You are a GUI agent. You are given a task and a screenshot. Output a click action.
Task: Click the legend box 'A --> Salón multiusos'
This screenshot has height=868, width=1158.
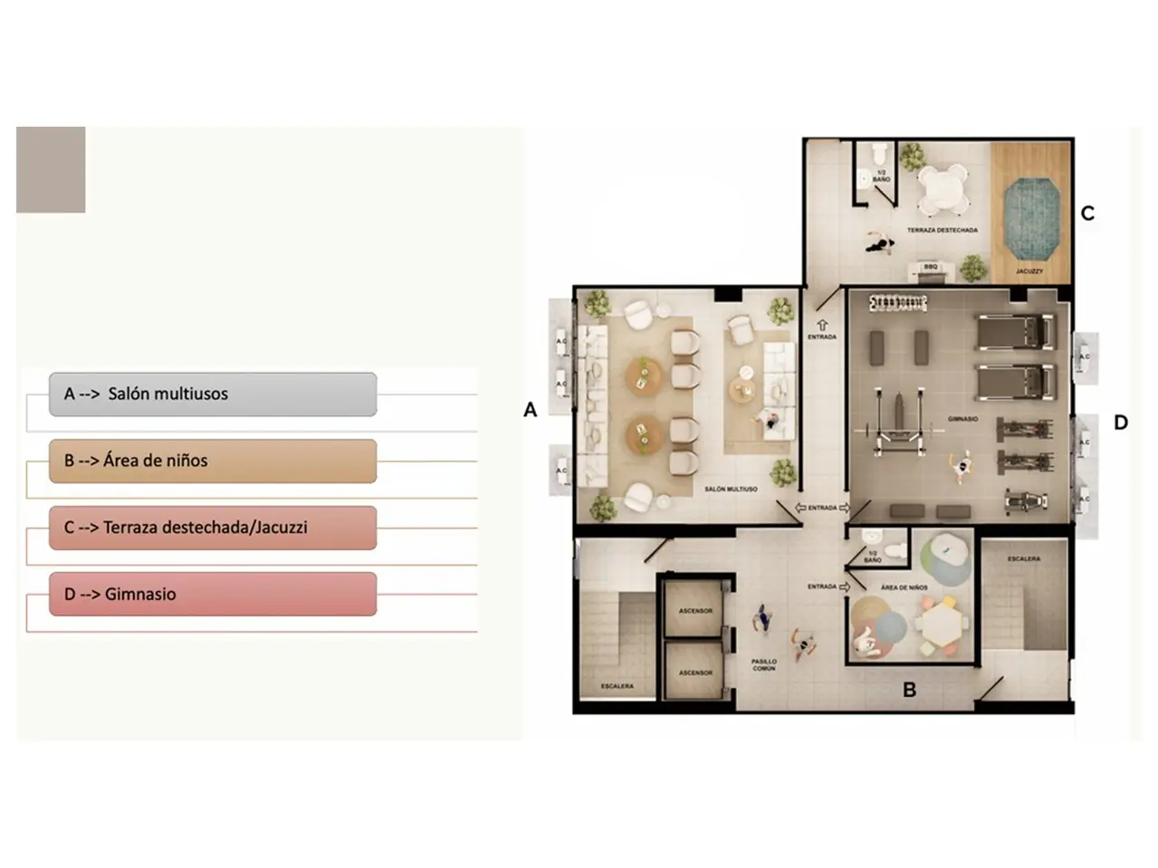(212, 395)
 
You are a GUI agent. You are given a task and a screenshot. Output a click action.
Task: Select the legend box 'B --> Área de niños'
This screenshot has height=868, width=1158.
(212, 461)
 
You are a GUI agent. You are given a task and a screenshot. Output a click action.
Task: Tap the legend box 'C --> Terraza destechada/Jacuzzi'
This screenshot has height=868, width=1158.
(212, 528)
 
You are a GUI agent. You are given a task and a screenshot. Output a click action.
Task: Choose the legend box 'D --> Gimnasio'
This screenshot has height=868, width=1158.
(212, 595)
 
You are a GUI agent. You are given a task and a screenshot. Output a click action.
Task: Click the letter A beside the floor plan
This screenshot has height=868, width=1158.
(531, 410)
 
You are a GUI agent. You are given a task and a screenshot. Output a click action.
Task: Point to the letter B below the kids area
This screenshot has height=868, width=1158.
(909, 690)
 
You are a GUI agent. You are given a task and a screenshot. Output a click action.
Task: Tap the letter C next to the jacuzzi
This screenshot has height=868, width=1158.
(1087, 214)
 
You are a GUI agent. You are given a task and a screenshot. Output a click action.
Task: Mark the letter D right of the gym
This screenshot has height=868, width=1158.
(1121, 423)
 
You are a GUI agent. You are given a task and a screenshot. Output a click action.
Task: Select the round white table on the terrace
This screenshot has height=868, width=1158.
(943, 188)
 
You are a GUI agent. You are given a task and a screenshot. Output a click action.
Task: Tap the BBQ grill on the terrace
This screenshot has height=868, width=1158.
(931, 270)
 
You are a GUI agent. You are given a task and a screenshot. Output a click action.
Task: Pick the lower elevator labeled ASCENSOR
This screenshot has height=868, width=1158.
(695, 671)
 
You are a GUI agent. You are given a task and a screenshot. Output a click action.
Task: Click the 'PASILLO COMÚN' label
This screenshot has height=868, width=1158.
(764, 665)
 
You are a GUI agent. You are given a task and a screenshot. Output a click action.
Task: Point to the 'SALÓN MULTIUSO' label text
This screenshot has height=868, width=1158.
(731, 490)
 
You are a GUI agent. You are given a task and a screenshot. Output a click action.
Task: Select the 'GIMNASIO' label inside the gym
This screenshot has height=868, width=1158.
(962, 419)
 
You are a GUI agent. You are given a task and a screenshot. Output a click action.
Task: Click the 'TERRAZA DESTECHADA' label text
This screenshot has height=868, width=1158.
(943, 231)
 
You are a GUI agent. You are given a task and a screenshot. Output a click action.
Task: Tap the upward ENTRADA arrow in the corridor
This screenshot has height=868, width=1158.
(822, 325)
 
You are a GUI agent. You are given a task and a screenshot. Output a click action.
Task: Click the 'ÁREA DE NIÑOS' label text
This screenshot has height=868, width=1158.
(904, 587)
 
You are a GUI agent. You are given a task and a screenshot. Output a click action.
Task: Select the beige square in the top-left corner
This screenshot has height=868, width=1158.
(51, 170)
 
